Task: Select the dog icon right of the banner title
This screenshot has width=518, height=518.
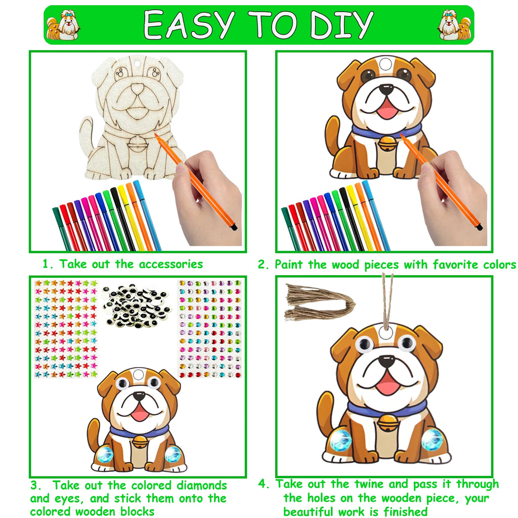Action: (x=454, y=25)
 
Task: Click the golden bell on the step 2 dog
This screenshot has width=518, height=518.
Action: (x=386, y=143)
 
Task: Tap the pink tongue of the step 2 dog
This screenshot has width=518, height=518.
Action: (x=388, y=109)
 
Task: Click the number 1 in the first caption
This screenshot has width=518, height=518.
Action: (x=46, y=264)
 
